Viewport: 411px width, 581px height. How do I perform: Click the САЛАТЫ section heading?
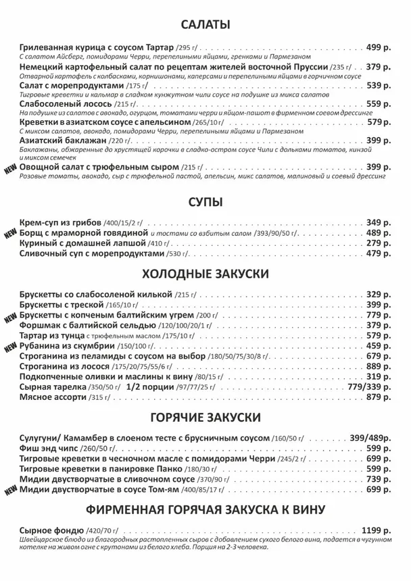205,25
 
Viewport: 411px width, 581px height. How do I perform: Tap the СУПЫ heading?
205,202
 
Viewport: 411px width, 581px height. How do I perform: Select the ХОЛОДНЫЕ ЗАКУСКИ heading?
205,274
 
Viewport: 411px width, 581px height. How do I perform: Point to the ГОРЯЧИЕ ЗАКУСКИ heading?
205,418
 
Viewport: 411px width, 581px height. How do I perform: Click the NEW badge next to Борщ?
10,234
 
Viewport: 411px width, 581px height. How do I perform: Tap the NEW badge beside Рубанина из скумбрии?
10,347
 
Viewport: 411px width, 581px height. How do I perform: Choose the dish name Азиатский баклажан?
63,141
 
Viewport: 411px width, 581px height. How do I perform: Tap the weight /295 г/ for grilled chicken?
187,49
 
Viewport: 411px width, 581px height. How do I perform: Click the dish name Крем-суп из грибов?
61,222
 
